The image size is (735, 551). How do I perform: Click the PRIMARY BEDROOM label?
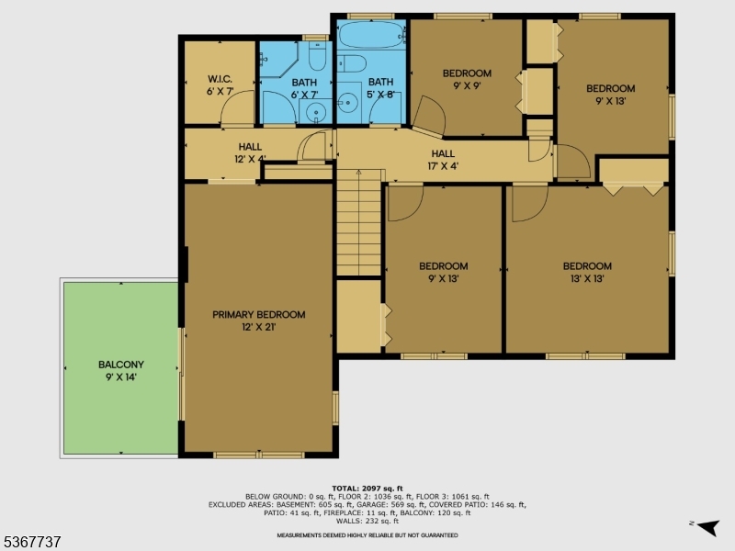click(x=258, y=320)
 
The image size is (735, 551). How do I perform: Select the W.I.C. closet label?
click(x=220, y=84)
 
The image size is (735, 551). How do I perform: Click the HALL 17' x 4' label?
click(x=444, y=160)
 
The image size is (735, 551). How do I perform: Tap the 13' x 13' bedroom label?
click(x=587, y=272)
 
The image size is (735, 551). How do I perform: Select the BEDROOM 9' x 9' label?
click(x=467, y=80)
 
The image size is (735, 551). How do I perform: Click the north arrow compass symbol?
click(x=706, y=526)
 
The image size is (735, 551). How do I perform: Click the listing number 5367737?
click(x=31, y=542)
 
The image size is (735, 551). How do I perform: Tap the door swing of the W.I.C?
click(x=237, y=112)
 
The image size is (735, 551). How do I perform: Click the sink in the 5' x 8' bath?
click(x=349, y=102)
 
